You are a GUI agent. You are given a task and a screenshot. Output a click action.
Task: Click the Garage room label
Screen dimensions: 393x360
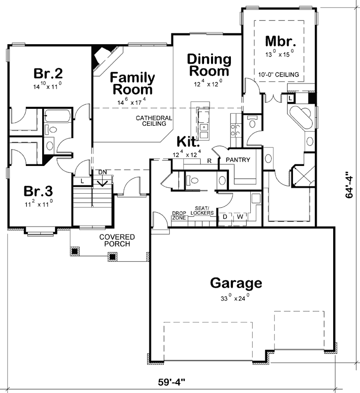pos(236,283)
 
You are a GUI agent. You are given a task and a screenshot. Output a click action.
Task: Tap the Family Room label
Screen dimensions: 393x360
pos(132,83)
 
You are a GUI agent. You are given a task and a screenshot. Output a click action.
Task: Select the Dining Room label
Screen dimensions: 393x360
pos(209,65)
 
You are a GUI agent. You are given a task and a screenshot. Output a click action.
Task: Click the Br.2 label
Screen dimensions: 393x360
pos(48,74)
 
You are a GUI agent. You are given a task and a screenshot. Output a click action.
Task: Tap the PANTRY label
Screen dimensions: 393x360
pos(237,160)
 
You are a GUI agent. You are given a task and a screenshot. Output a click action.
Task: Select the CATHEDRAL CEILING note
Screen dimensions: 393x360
pos(154,121)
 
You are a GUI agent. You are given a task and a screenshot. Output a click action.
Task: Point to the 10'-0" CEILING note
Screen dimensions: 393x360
pos(280,75)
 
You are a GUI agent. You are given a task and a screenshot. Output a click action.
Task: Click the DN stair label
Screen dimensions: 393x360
pos(103,171)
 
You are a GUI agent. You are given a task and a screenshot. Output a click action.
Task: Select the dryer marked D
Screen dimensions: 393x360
pos(224,217)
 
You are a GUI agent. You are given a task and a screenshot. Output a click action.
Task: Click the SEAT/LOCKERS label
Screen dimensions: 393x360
pos(203,210)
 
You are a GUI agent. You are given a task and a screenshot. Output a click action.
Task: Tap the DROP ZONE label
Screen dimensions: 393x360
pos(178,215)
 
